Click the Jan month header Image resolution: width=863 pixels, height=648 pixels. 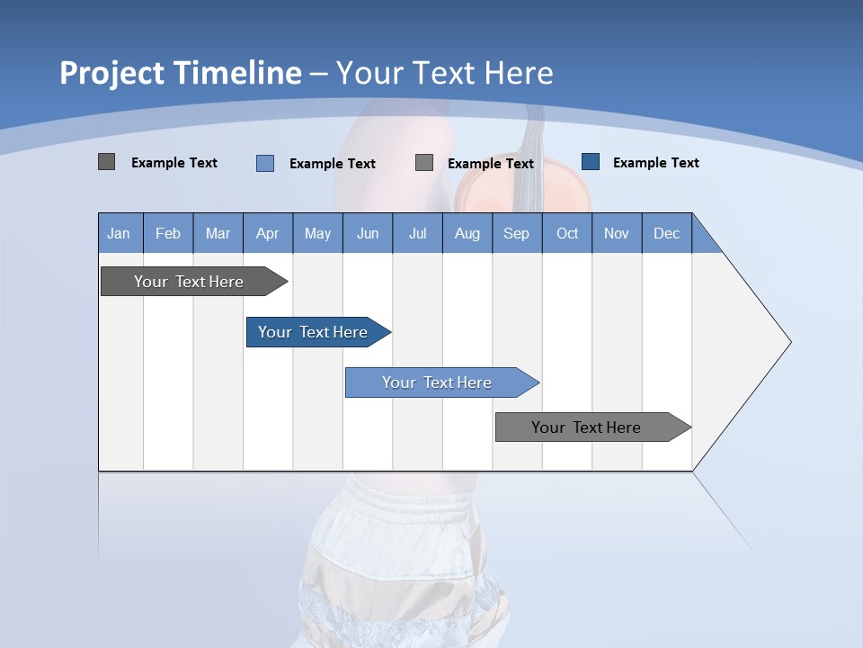point(119,233)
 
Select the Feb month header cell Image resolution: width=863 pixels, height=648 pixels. point(168,233)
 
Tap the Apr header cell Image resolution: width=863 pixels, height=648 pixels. point(267,233)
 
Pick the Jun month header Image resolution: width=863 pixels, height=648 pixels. point(368,233)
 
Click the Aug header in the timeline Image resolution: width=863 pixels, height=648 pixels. point(467,233)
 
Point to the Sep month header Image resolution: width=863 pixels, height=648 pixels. point(516,233)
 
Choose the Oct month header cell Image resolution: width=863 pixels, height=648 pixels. point(567,233)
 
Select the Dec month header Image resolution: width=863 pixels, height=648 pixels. point(666,233)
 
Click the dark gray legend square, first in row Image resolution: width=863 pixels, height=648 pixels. point(106,162)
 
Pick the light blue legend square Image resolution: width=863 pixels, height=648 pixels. point(265,163)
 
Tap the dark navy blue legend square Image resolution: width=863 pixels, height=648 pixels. point(591,162)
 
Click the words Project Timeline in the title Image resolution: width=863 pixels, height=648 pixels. point(180,73)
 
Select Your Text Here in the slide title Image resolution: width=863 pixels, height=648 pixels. point(444,73)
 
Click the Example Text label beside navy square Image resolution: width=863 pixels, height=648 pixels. point(655,163)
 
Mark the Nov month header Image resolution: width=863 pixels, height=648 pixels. point(617,233)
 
